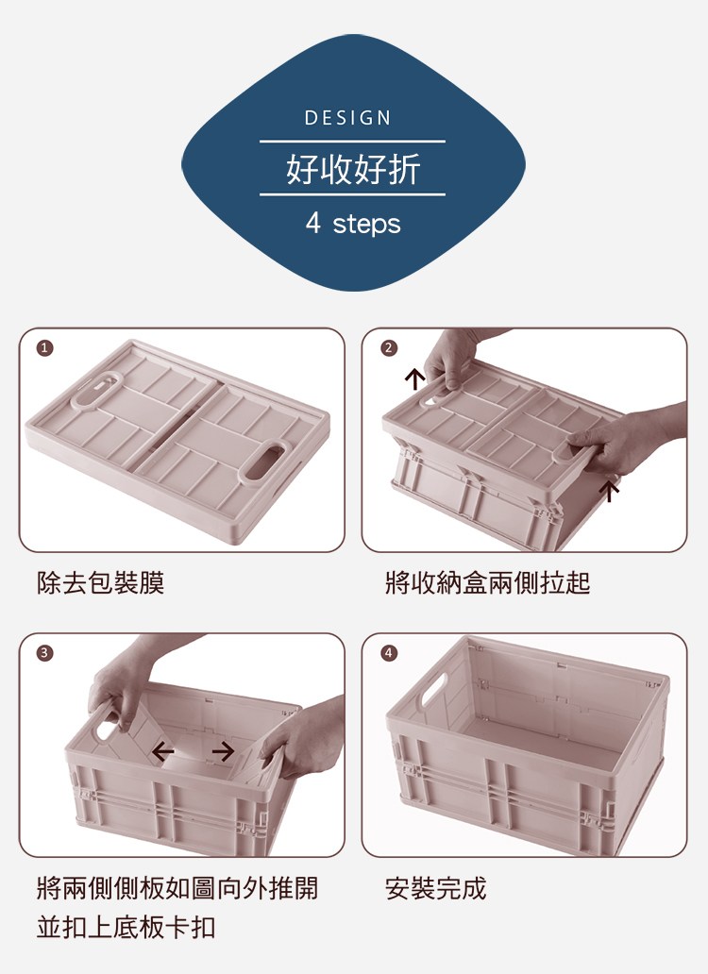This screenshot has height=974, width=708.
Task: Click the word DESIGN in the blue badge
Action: [x=347, y=117]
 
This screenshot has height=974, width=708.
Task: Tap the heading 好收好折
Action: [x=353, y=168]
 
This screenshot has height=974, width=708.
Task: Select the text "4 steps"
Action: [x=353, y=224]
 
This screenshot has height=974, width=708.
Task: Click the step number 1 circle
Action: [x=44, y=348]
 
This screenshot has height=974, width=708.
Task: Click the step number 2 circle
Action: [x=388, y=348]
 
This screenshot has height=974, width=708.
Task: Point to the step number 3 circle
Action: [x=44, y=652]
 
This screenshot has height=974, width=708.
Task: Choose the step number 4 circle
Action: [x=388, y=652]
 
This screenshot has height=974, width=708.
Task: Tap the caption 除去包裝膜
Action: [x=101, y=582]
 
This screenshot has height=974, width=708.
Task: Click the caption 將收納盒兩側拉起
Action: [x=487, y=582]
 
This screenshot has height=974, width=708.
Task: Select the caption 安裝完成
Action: [x=435, y=888]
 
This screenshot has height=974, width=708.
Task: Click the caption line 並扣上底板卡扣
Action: [x=126, y=927]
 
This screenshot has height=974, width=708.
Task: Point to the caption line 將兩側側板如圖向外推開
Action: [x=177, y=888]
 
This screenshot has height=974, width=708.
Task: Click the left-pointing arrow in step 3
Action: [x=162, y=751]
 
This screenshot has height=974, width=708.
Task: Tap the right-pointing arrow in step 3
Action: [x=223, y=751]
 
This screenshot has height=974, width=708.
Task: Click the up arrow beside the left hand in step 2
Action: [x=414, y=378]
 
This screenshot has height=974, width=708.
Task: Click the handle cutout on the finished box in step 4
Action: [x=434, y=689]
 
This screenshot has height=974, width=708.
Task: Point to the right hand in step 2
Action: [x=621, y=441]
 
